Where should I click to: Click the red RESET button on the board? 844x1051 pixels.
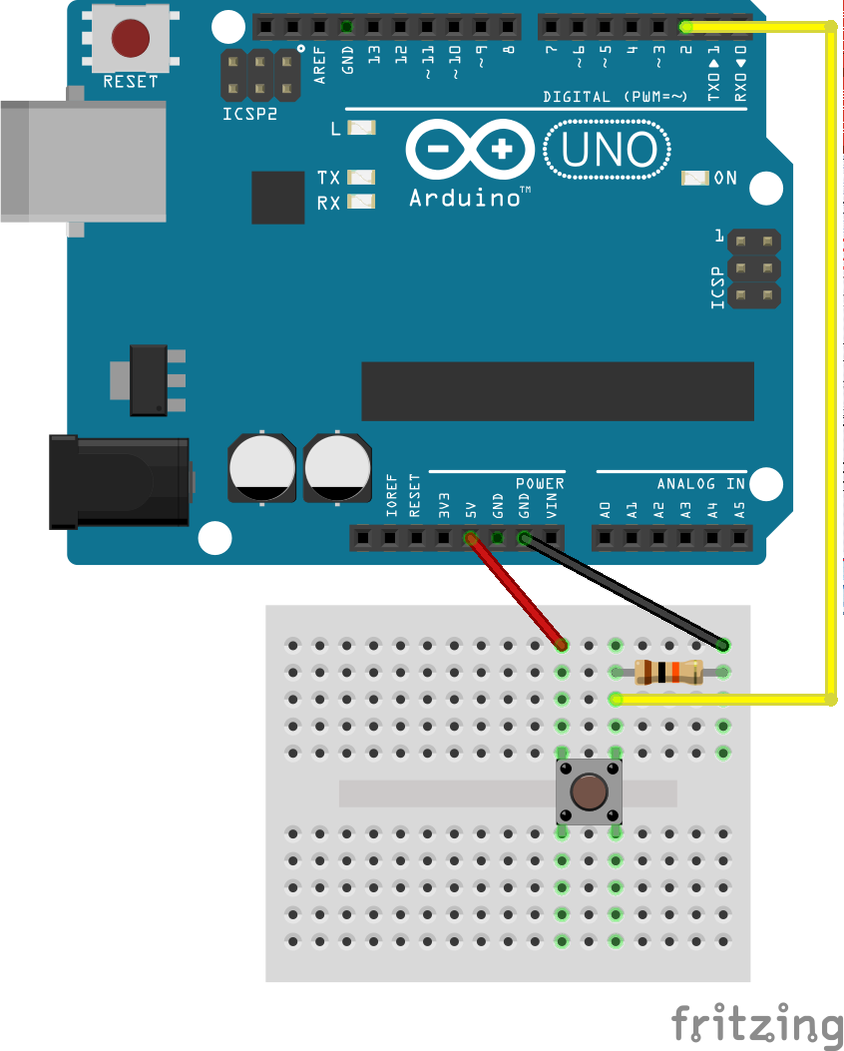(x=131, y=38)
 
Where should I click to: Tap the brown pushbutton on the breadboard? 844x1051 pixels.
(x=589, y=791)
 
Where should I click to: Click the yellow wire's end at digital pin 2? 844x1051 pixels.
(x=685, y=26)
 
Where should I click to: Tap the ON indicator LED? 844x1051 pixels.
(x=694, y=179)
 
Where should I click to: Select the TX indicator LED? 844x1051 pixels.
(x=361, y=178)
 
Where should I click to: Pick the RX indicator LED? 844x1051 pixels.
(x=361, y=202)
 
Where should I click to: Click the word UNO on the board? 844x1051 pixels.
(x=609, y=151)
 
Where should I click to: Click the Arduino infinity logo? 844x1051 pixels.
(x=470, y=151)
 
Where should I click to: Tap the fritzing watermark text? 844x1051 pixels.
(x=755, y=1024)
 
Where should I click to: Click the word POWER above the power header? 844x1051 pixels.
(x=540, y=484)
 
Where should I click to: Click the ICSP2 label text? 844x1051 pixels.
(x=249, y=113)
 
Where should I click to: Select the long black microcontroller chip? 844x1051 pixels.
(x=558, y=391)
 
